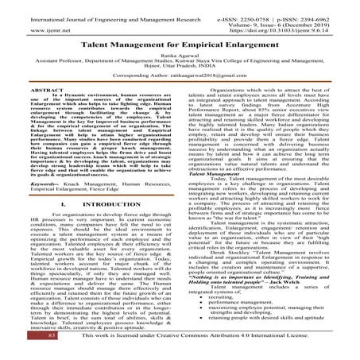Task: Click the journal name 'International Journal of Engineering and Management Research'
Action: (95, 6)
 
